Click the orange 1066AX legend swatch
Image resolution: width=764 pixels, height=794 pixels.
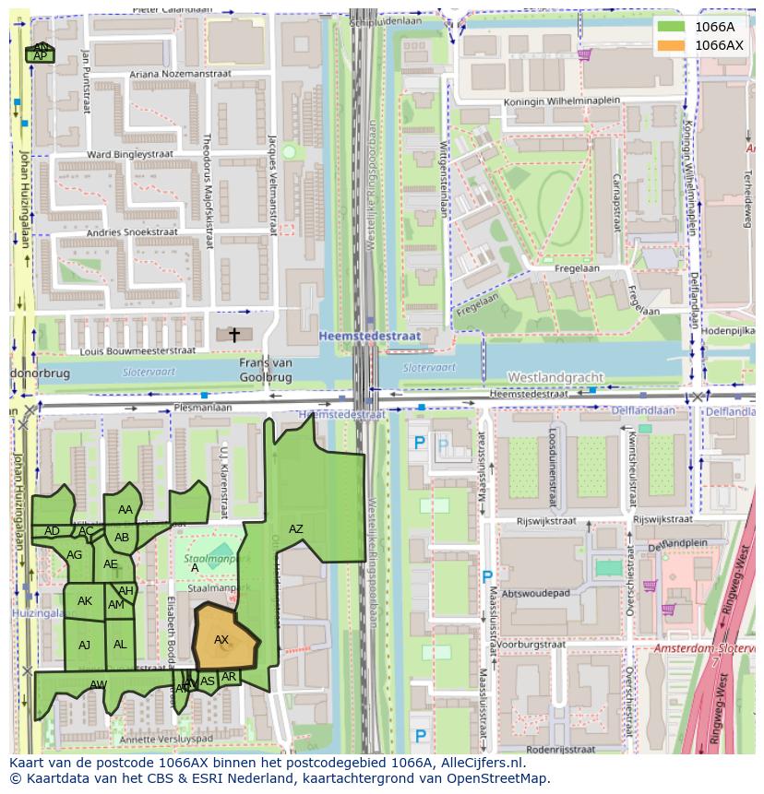coord(672,45)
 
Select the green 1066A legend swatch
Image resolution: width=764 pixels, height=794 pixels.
coord(672,27)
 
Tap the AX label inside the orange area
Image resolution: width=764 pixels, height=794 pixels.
coord(221,639)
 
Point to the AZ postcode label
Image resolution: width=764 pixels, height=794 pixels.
coord(295,529)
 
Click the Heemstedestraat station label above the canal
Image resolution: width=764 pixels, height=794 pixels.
coord(369,337)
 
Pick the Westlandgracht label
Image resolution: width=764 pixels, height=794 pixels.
coord(555,377)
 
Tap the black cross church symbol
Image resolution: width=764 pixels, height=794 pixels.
coord(234,335)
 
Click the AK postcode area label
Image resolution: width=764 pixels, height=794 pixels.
coord(85,601)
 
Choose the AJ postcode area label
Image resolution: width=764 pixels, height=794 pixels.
coord(85,645)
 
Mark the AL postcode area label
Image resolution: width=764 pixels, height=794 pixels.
coord(120,645)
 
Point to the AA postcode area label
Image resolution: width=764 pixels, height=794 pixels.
coord(125,510)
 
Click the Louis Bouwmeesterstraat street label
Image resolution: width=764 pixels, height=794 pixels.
coord(137,350)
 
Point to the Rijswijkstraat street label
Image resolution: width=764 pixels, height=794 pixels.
coord(545,521)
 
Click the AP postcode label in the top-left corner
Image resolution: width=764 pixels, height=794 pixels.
coord(40,56)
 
